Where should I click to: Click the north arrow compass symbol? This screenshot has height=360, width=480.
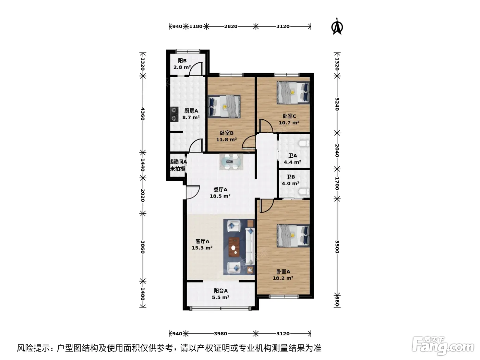coord(337,27)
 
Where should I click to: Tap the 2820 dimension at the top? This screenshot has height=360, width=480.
coord(231,26)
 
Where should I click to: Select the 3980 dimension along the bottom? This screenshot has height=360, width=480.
coord(220,334)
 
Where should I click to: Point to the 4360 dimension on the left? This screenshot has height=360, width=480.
coord(143,114)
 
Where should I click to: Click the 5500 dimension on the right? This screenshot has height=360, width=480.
coord(337,247)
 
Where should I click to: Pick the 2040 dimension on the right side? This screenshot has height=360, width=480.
coord(337,151)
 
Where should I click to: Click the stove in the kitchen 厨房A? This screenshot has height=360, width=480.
coord(174,114)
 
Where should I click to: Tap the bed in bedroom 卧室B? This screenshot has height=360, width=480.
coord(224,106)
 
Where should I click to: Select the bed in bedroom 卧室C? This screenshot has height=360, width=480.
coord(293,93)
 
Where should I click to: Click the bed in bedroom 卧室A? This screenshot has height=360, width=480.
coord(293,236)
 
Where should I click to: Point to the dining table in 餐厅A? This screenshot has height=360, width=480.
coord(231,162)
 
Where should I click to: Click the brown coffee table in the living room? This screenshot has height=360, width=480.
coord(234,247)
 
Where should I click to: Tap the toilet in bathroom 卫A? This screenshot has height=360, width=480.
coord(304,144)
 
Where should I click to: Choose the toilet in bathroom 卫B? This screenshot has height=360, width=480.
coord(304,191)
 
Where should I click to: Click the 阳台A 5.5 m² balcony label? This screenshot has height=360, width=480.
coord(220,294)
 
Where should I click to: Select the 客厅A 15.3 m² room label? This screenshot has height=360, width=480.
coord(202,244)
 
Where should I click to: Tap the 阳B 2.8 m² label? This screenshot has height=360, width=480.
coord(182,64)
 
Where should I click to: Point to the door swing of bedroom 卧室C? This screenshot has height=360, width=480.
coord(266,125)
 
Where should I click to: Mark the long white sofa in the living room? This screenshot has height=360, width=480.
coord(250,247)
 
